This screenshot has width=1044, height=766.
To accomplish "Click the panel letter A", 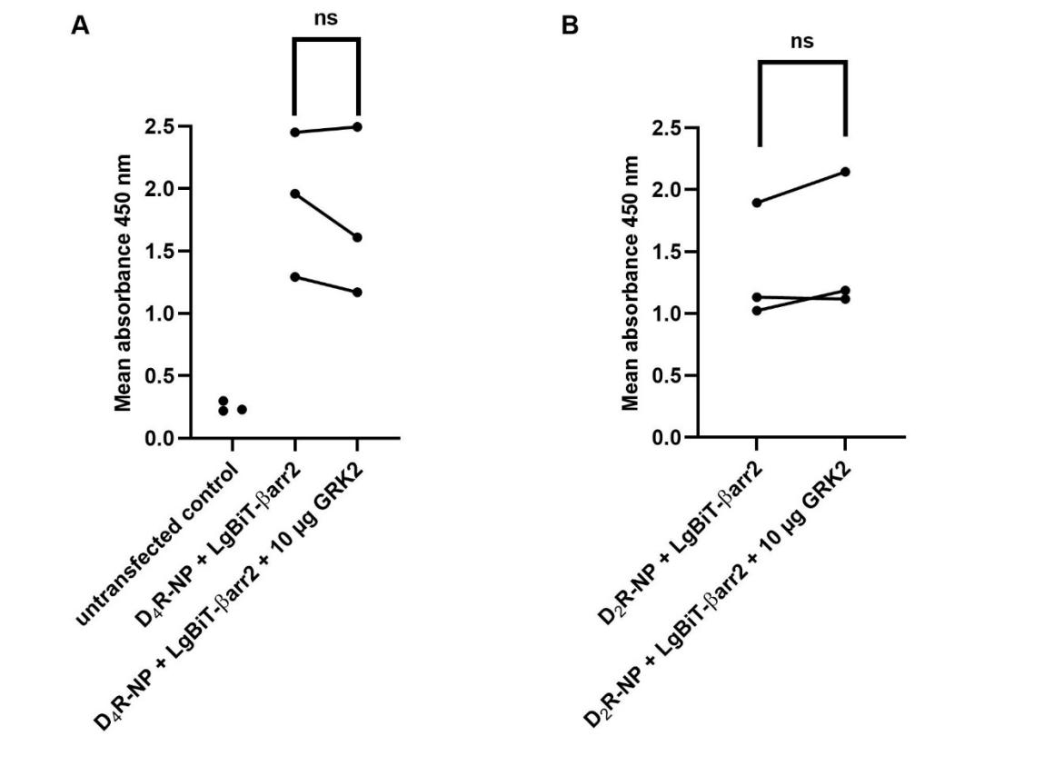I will click(80, 25).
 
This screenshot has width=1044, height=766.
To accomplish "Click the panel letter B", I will click(570, 25).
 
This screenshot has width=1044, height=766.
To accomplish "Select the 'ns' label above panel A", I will click(326, 18).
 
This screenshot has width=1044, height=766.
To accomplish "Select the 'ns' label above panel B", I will click(801, 41).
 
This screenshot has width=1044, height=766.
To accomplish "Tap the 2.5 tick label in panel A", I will click(163, 126).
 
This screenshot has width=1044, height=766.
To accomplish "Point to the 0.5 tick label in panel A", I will click(163, 376).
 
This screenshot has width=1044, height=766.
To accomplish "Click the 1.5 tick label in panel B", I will click(671, 252).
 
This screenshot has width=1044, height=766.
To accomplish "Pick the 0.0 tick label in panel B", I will click(671, 438).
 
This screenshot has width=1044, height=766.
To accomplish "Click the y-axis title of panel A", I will click(124, 283).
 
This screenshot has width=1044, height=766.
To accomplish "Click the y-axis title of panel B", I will click(631, 283).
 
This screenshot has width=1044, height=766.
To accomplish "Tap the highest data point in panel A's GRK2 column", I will click(357, 126).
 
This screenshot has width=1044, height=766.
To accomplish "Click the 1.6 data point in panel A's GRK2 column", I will click(357, 237).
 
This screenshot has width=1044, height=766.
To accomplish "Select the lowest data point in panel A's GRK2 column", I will click(357, 292).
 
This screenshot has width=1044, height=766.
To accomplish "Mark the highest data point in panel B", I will click(845, 172).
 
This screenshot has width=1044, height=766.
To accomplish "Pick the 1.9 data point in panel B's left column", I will click(757, 203).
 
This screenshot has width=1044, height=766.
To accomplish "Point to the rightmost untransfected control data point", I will click(242, 410).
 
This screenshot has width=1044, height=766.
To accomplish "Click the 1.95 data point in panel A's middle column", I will click(294, 194).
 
